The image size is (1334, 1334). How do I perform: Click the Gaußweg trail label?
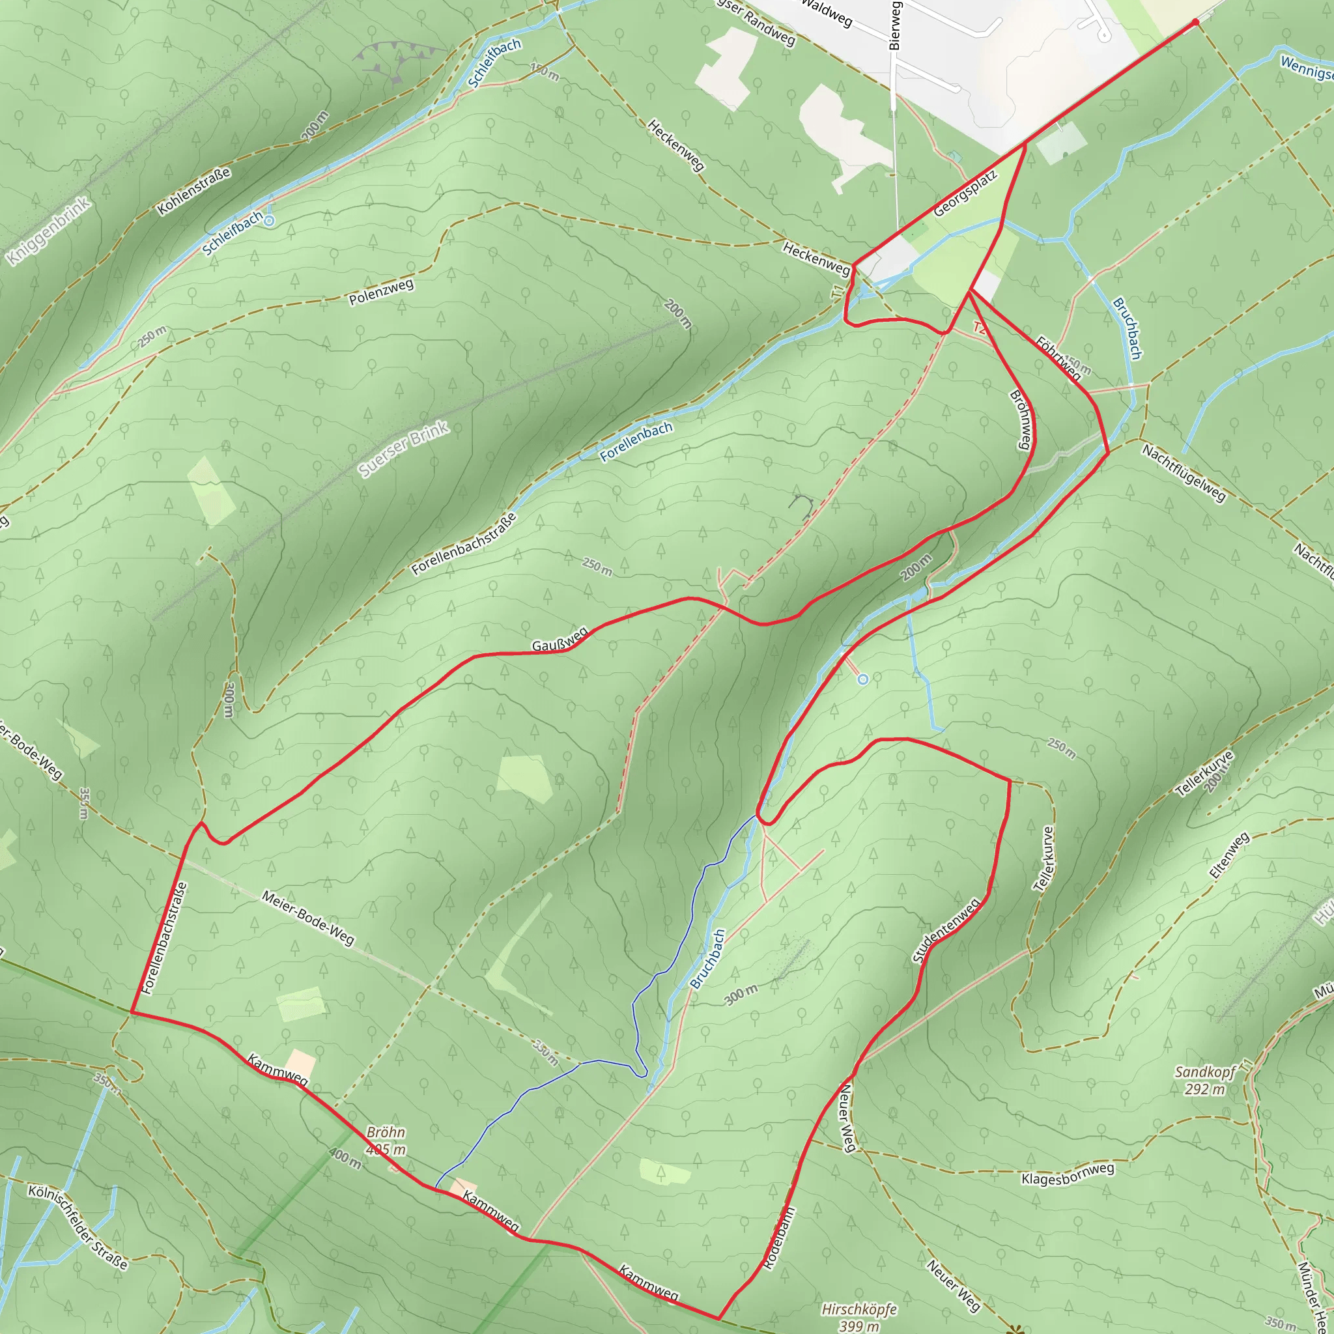(x=560, y=639)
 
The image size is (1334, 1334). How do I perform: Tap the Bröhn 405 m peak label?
(x=386, y=1141)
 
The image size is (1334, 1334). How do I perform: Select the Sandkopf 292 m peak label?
(x=1206, y=1081)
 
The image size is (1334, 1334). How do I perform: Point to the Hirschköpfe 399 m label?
(x=859, y=1316)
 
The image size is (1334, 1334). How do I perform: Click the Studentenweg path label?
(x=946, y=931)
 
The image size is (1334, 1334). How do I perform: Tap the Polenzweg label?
(x=381, y=292)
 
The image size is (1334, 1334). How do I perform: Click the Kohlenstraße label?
(x=194, y=192)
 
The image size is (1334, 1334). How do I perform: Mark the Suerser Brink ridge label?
(x=404, y=449)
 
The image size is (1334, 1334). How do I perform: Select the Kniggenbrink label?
(x=48, y=231)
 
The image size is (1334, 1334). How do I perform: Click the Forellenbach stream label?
(x=636, y=442)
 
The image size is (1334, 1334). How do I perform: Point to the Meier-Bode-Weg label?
(x=308, y=918)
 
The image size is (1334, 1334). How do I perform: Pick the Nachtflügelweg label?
(x=1184, y=473)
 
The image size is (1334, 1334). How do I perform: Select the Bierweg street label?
(x=895, y=25)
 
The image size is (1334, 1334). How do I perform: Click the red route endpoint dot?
(x=1196, y=22)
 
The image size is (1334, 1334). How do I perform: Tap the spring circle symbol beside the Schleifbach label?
(x=269, y=221)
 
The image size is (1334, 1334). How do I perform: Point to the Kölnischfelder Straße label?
(x=78, y=1227)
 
